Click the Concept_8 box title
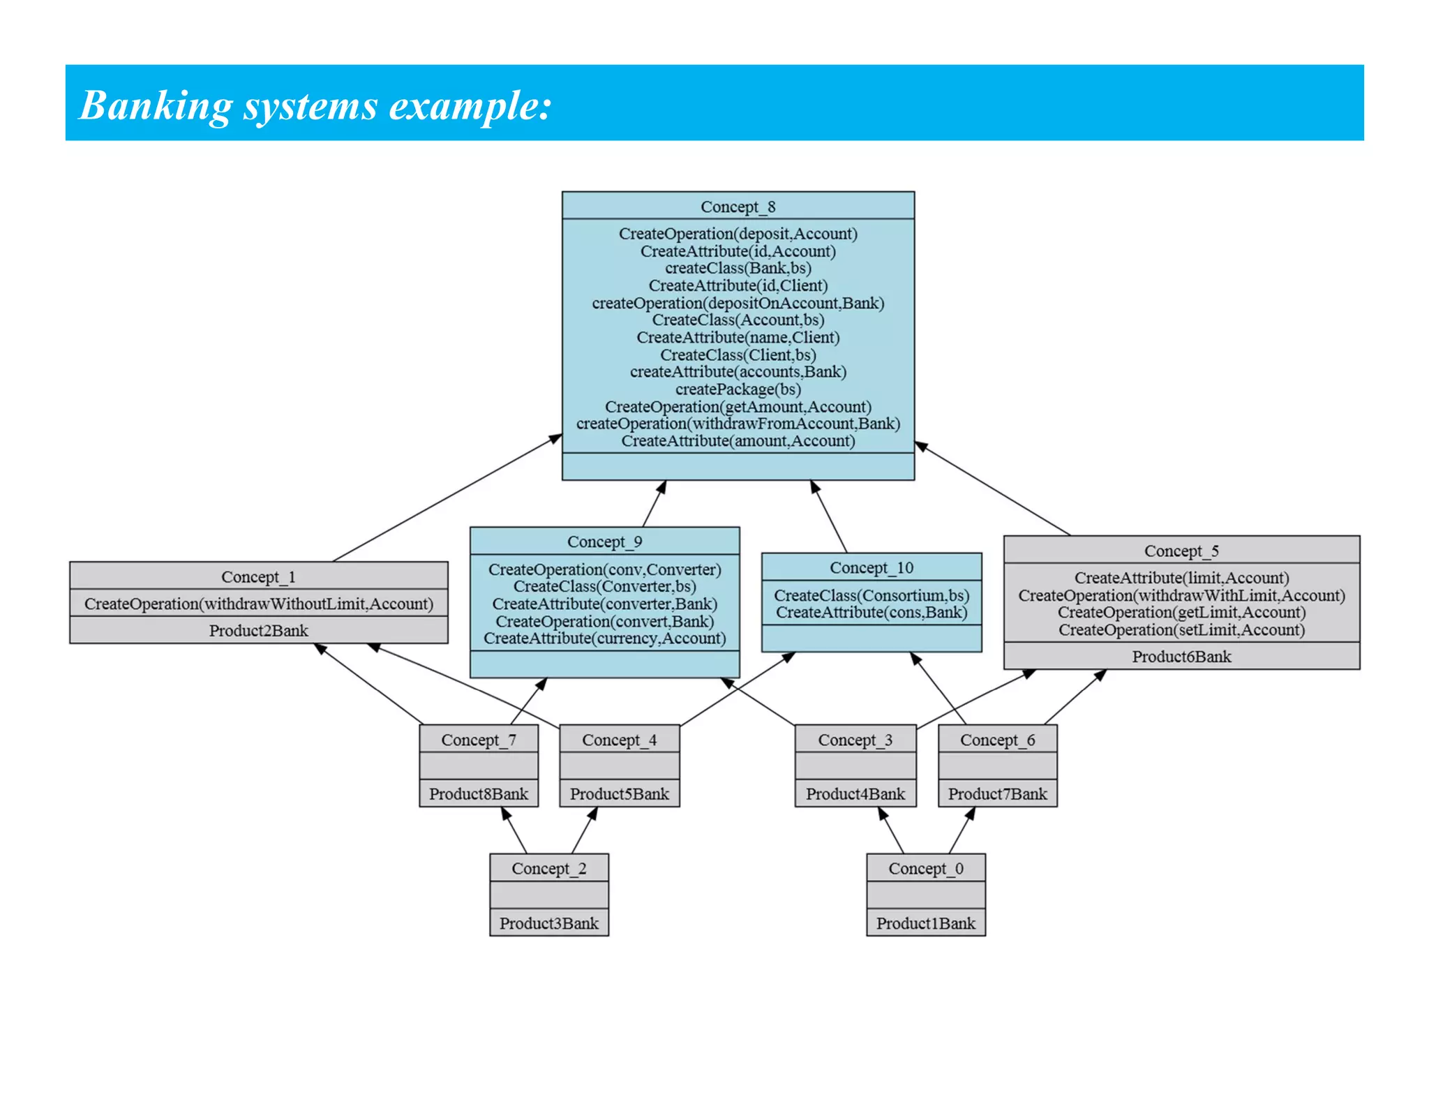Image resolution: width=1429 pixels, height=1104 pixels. (738, 207)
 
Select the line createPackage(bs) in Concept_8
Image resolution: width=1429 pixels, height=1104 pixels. (738, 389)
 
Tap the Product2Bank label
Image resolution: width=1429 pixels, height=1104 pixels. (258, 630)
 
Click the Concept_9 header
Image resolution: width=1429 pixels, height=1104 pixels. (604, 542)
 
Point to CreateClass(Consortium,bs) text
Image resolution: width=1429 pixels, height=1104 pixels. (871, 595)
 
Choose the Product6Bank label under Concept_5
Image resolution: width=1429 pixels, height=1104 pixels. (1181, 656)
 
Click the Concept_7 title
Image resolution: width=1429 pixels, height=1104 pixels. (479, 740)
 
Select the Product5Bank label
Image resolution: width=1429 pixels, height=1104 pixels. (619, 793)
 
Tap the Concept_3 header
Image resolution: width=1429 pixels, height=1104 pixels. (855, 740)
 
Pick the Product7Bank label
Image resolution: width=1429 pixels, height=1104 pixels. (997, 793)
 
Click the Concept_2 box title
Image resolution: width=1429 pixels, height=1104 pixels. (548, 868)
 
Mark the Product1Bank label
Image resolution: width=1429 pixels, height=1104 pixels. (925, 923)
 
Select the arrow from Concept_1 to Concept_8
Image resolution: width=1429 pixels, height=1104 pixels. (447, 498)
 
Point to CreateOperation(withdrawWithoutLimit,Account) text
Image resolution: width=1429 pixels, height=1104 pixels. (258, 604)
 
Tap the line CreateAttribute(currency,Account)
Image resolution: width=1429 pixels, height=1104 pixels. (604, 638)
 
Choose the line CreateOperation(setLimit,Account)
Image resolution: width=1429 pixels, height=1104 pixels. (1181, 629)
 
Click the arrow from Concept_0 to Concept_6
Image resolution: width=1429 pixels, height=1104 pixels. (962, 830)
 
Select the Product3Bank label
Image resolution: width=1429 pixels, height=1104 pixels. (548, 923)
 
